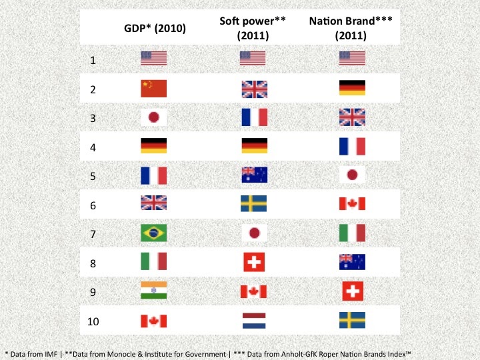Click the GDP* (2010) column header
pyautogui.click(x=155, y=29)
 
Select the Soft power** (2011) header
pyautogui.click(x=253, y=29)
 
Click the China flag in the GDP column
pyautogui.click(x=153, y=89)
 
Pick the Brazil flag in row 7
pyautogui.click(x=153, y=233)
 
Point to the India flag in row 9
pyautogui.click(x=153, y=291)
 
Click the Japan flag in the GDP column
pyautogui.click(x=153, y=117)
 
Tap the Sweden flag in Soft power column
pyautogui.click(x=253, y=203)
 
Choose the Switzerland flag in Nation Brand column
pyautogui.click(x=352, y=291)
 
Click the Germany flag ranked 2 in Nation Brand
pyautogui.click(x=352, y=89)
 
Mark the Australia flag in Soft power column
pyautogui.click(x=253, y=175)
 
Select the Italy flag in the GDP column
pyautogui.click(x=153, y=261)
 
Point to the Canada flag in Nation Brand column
pyautogui.click(x=352, y=203)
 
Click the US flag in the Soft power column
pyautogui.click(x=253, y=59)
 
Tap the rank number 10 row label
pyautogui.click(x=95, y=322)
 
